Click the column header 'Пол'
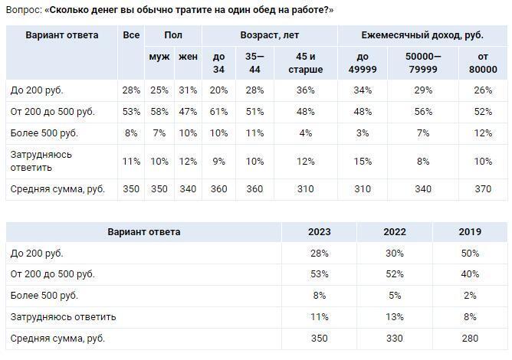click(x=172, y=35)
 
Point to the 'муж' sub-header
click(x=159, y=57)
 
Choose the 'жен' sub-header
click(x=188, y=57)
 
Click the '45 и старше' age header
click(x=306, y=63)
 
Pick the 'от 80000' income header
click(x=483, y=63)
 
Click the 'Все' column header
click(x=131, y=35)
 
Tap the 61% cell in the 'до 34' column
click(x=218, y=112)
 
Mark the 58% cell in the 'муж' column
click(x=159, y=112)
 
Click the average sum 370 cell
click(x=483, y=188)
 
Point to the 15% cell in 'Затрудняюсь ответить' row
click(x=363, y=161)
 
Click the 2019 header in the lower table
click(x=470, y=231)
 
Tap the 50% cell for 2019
click(x=470, y=253)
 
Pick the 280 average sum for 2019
click(x=470, y=338)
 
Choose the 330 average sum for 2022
click(x=395, y=338)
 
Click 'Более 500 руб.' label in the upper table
click(x=44, y=133)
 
